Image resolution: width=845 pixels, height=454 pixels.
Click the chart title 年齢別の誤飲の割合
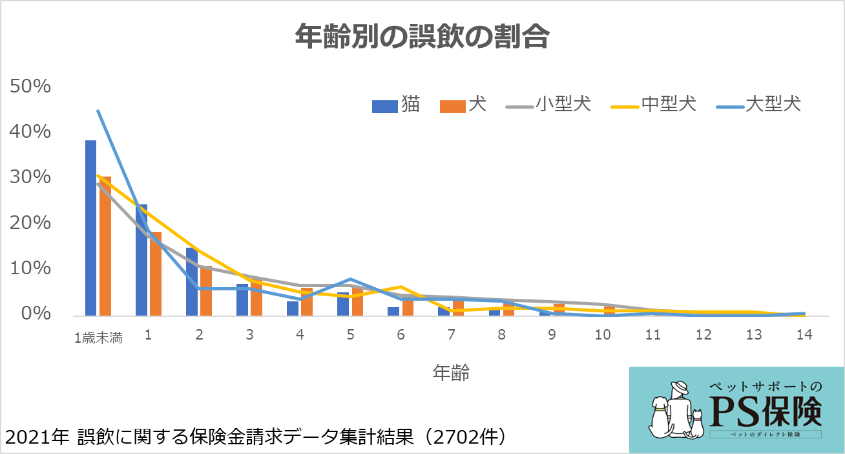tap(422, 38)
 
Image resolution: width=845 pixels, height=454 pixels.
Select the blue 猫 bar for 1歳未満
tap(90, 228)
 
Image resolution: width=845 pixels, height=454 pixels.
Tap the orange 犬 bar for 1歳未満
tap(105, 246)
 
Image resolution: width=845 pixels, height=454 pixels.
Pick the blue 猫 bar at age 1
tap(141, 260)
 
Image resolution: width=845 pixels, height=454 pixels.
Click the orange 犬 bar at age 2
tap(205, 290)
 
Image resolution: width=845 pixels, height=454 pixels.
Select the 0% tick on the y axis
tap(36, 314)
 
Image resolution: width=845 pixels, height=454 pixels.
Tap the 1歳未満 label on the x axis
tap(98, 337)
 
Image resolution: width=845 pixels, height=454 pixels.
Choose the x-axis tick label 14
tap(804, 335)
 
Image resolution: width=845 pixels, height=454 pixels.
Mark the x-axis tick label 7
tap(451, 335)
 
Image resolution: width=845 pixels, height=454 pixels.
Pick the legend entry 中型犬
tap(669, 104)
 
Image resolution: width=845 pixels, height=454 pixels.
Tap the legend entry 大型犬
tap(773, 104)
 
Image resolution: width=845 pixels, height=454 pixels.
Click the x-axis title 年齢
tap(450, 373)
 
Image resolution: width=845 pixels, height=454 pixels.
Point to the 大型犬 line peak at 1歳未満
tap(98, 111)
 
